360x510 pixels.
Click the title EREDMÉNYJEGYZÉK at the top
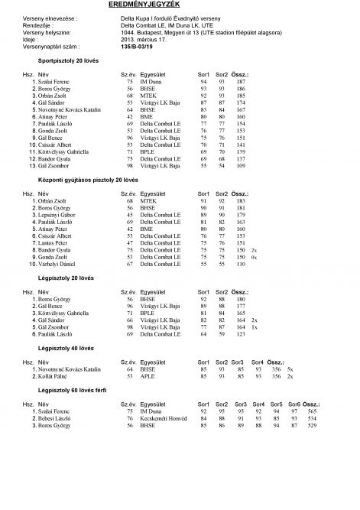[180, 5]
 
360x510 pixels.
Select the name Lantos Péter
[54, 242]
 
